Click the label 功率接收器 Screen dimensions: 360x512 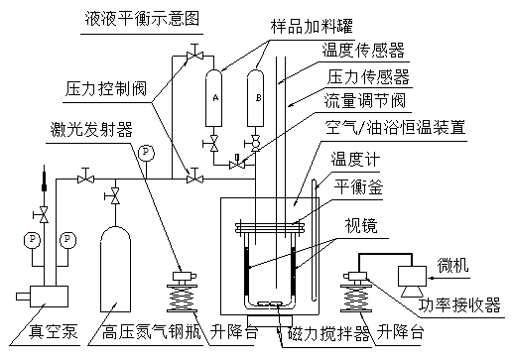click(x=458, y=304)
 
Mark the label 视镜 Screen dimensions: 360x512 click(x=359, y=225)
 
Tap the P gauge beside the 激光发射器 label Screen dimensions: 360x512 click(x=145, y=152)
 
